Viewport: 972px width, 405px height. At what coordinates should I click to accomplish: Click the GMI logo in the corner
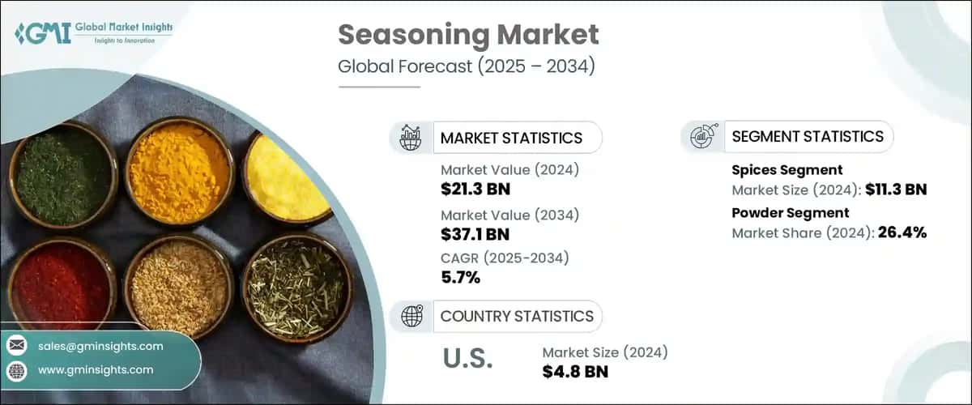92,33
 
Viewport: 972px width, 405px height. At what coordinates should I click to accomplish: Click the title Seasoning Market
468,36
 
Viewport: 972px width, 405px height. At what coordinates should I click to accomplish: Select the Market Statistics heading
510,138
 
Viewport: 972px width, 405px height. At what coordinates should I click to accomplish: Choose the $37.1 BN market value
475,236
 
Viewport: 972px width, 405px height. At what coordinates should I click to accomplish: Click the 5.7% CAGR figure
460,279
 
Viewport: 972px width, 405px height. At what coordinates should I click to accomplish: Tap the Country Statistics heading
516,316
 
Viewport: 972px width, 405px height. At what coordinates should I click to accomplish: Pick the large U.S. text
468,357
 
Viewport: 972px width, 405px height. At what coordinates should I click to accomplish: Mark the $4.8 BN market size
575,372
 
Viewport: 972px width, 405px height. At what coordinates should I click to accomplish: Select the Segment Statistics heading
807,136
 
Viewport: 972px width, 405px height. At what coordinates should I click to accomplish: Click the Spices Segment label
787,170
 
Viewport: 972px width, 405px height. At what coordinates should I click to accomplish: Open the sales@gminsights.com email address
100,346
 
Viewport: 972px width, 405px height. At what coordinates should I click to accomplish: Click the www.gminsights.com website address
95,370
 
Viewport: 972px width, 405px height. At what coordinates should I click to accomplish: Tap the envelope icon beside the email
16,346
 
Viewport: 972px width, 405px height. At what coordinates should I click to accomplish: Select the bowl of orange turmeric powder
180,171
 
